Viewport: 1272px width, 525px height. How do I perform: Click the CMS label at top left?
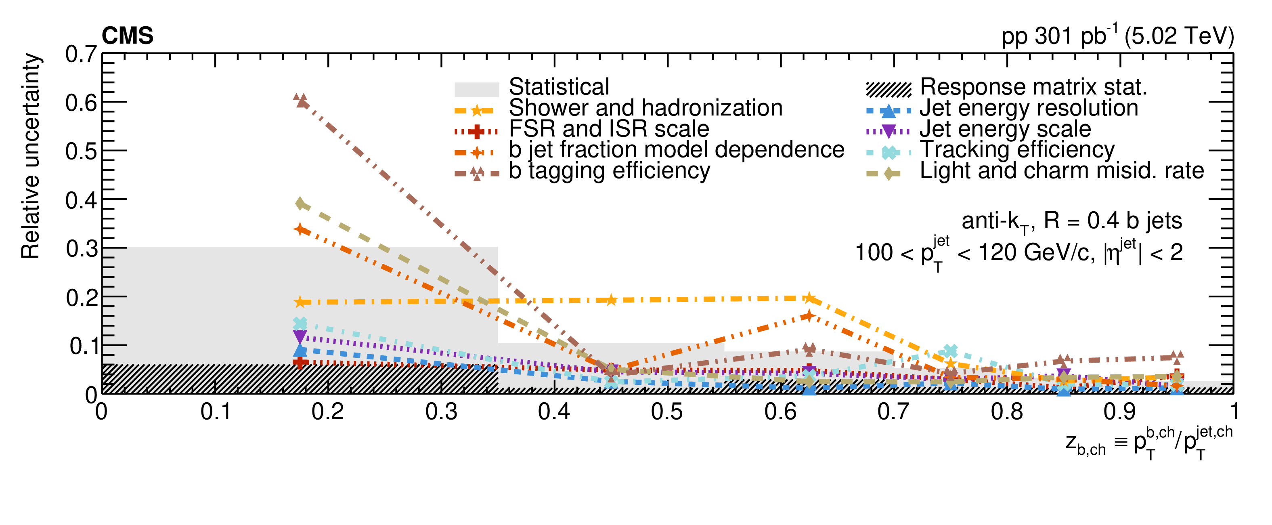click(x=128, y=36)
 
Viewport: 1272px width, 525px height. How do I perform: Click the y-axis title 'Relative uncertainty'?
click(x=30, y=155)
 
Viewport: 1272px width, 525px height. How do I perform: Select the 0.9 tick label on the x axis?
click(x=1119, y=412)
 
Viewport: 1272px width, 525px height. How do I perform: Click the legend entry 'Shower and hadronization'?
click(x=645, y=108)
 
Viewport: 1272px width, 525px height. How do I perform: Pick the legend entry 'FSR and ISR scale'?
click(x=609, y=129)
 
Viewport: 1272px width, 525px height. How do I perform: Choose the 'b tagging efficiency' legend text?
click(x=609, y=171)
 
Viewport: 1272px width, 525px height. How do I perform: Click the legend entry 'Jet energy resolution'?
click(x=1029, y=108)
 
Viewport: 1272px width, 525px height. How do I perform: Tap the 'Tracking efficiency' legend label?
click(x=1017, y=150)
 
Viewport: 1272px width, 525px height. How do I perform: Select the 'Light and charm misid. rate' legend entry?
click(x=1062, y=171)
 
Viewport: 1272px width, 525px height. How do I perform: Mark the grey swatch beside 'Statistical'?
click(x=476, y=89)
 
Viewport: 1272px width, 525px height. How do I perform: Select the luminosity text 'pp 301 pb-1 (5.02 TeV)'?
click(x=1117, y=36)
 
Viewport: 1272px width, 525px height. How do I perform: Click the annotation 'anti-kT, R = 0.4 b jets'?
click(x=1071, y=222)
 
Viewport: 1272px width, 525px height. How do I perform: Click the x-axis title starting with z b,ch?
click(x=1148, y=443)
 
